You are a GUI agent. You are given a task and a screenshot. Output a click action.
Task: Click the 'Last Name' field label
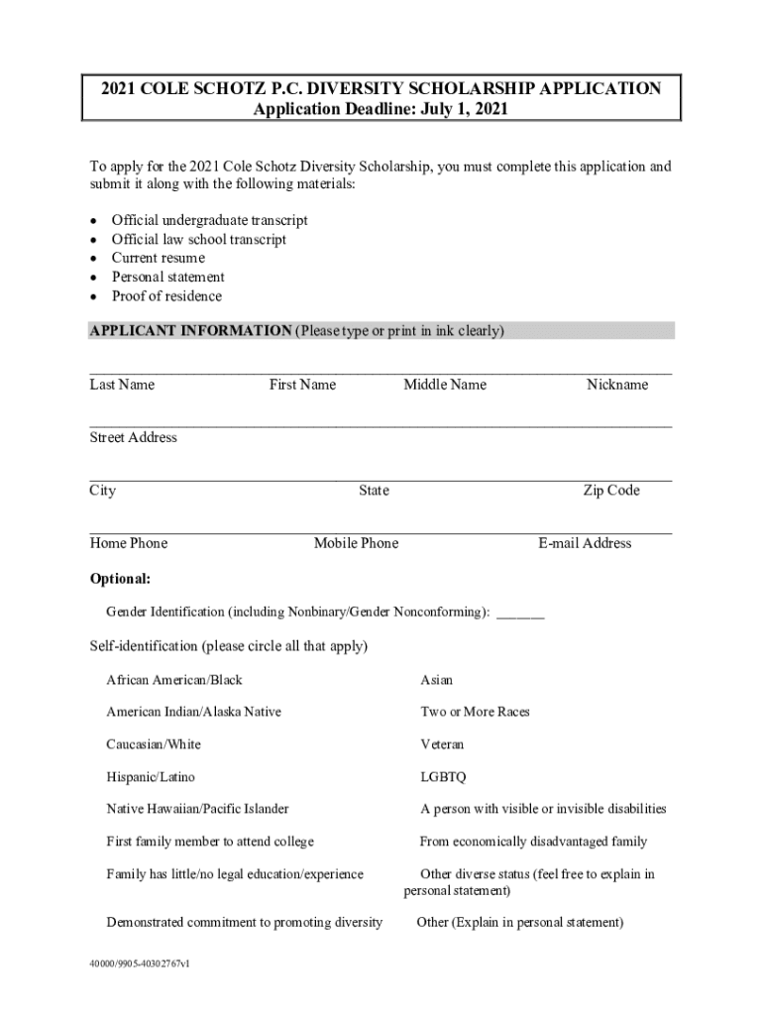click(122, 385)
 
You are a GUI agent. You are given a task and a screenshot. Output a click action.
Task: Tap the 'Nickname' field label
click(616, 385)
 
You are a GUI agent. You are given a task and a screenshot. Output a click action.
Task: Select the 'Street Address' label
click(134, 437)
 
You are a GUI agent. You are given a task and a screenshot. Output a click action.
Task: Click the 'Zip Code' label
click(610, 491)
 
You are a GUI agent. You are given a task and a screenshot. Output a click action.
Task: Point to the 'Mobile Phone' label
click(356, 543)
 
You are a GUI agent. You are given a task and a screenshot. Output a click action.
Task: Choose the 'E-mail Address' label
click(585, 543)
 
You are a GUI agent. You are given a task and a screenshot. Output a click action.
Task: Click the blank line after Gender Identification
click(520, 614)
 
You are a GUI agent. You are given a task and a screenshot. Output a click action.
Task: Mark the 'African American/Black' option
click(174, 680)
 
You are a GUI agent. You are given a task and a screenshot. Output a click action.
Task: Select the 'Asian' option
click(436, 680)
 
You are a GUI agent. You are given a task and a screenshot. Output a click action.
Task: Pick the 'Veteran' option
click(442, 744)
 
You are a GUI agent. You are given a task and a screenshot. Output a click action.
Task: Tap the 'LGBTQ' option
click(443, 777)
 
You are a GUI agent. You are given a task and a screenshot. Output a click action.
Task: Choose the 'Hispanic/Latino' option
click(158, 777)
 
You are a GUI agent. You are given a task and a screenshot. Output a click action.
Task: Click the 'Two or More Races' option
click(475, 712)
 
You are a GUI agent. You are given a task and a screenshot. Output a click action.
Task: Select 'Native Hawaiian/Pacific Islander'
click(197, 809)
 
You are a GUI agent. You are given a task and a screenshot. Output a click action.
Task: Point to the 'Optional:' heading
click(120, 579)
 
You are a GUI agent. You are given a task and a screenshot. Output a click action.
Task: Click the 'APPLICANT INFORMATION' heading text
click(190, 331)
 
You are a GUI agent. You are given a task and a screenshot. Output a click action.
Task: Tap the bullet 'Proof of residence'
click(166, 296)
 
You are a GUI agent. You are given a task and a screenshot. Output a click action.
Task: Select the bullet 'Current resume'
click(158, 258)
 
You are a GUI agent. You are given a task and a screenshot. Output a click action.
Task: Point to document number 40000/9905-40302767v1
click(139, 962)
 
